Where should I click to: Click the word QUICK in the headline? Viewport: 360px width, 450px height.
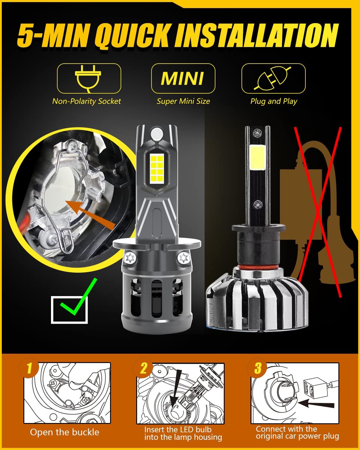[x=134, y=36]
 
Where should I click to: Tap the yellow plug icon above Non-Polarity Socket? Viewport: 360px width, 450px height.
[x=88, y=78]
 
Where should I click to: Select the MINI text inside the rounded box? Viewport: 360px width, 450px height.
[x=182, y=79]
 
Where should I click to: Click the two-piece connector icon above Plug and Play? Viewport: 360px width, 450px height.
[x=273, y=78]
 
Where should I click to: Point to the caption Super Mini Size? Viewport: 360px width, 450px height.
[x=183, y=101]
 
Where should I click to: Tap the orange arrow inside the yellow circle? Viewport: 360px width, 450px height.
[x=90, y=213]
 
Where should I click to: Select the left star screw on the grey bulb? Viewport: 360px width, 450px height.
[x=130, y=258]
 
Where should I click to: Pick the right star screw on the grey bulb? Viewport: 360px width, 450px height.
[x=183, y=258]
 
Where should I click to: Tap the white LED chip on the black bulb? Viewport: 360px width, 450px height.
[x=257, y=157]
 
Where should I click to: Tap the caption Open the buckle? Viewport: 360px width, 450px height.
[x=64, y=432]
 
